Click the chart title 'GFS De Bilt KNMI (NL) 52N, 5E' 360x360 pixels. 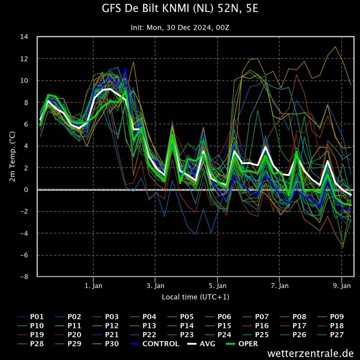click(180, 9)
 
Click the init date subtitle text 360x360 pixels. click(180, 28)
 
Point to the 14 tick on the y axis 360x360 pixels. click(24, 37)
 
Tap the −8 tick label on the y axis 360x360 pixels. click(24, 277)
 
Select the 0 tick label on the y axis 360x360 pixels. click(26, 189)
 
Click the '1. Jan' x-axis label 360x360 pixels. click(94, 286)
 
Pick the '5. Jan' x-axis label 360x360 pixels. click(218, 286)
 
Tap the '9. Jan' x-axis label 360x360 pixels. click(342, 286)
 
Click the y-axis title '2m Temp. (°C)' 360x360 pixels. click(12, 156)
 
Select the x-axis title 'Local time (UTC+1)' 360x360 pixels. click(195, 297)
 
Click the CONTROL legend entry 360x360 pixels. click(155, 344)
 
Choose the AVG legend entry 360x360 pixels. click(201, 344)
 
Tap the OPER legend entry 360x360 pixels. click(242, 344)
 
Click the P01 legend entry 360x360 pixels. click(31, 317)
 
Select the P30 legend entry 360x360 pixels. click(105, 344)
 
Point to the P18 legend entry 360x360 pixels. click(330, 326)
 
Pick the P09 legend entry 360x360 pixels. click(330, 317)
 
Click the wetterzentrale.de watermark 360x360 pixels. click(310, 353)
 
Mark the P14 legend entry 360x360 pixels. click(180, 326)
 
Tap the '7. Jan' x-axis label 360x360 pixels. click(279, 286)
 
